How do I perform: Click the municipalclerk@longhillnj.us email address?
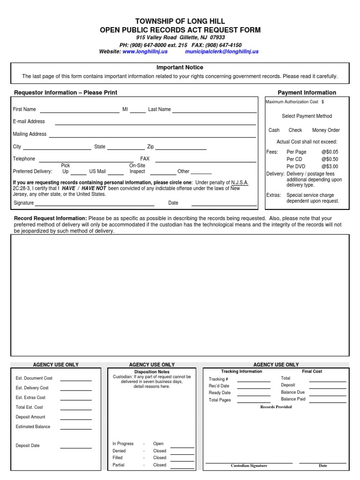click(x=222, y=52)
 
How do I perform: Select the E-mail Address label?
click(x=29, y=121)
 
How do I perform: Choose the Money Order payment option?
click(x=326, y=130)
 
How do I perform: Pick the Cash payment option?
click(x=274, y=130)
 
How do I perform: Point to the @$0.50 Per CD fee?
click(x=330, y=159)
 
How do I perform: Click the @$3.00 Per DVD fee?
click(x=330, y=166)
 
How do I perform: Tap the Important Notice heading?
click(x=180, y=68)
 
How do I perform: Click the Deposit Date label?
click(x=28, y=446)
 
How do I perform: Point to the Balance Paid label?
click(x=293, y=399)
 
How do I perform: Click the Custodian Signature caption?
click(x=249, y=466)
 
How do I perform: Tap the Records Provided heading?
click(x=276, y=407)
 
